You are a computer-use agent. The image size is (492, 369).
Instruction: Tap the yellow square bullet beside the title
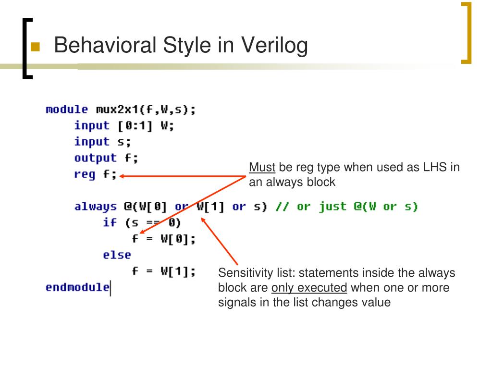tap(35, 47)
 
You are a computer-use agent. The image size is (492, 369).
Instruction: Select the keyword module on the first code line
tap(67, 110)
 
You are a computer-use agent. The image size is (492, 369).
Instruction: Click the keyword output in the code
tap(95, 158)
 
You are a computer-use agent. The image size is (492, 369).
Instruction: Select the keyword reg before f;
tap(85, 174)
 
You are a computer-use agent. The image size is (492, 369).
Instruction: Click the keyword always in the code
tap(95, 207)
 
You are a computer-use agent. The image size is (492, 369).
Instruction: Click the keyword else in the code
tap(116, 255)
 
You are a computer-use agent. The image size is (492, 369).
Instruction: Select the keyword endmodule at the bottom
tap(77, 287)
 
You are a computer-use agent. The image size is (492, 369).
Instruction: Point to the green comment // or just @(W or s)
tap(346, 207)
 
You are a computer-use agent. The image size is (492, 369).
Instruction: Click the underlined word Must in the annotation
tap(262, 168)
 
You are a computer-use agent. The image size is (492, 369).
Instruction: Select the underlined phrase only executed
tap(309, 288)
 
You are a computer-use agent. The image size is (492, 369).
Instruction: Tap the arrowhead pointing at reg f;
tap(122, 176)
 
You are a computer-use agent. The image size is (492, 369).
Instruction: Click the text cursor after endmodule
tap(111, 288)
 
